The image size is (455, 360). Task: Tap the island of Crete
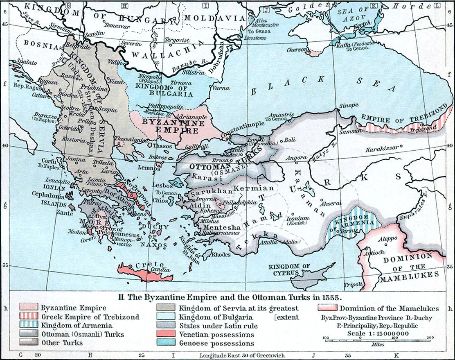pos(145,272)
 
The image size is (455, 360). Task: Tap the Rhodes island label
pos(221,254)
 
